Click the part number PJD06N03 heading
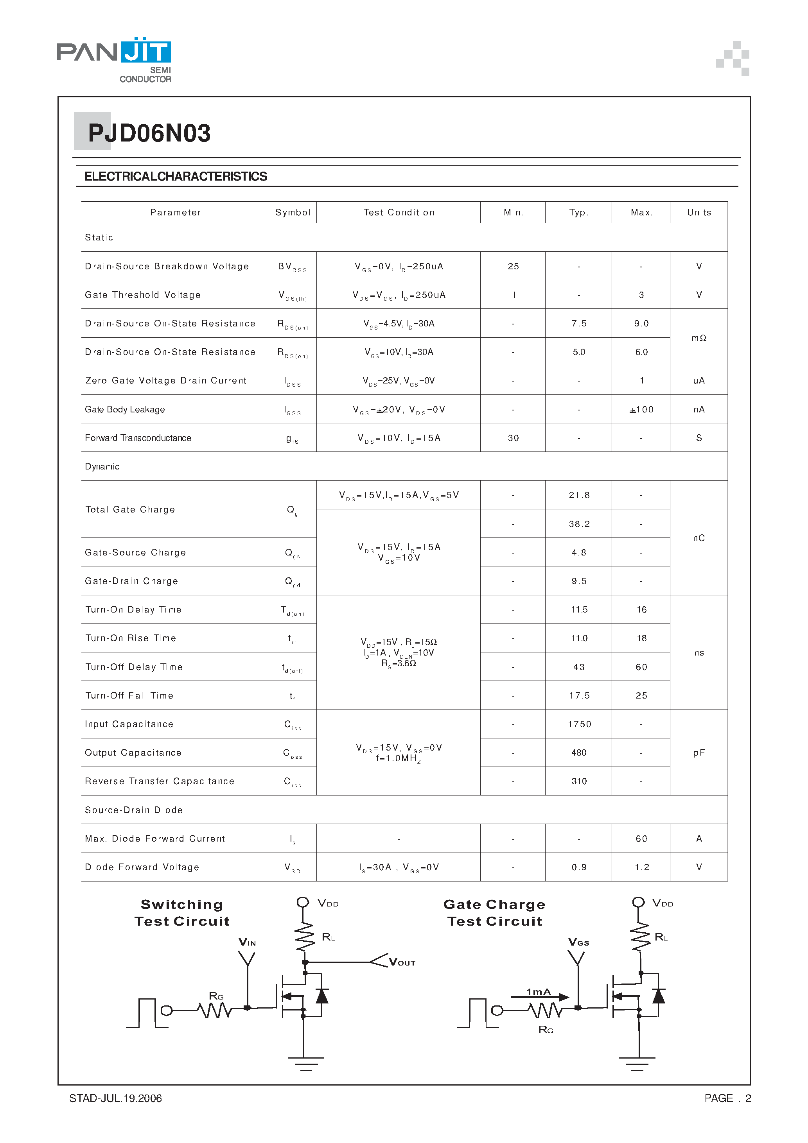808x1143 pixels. [x=149, y=133]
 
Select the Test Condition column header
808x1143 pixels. [x=399, y=213]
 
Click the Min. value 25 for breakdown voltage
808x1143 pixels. [x=513, y=266]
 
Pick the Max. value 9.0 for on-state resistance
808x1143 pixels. [x=641, y=324]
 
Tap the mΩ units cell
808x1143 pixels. [x=698, y=338]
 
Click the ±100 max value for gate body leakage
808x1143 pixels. [x=641, y=410]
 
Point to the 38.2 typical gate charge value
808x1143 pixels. [x=579, y=524]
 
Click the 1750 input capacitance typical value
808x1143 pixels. [x=579, y=724]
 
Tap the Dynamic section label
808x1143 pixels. [x=102, y=466]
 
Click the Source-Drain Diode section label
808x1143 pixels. [x=133, y=810]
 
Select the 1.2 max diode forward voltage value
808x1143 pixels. [x=642, y=867]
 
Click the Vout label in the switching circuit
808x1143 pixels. [x=402, y=963]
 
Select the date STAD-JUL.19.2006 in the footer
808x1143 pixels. [x=116, y=1098]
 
